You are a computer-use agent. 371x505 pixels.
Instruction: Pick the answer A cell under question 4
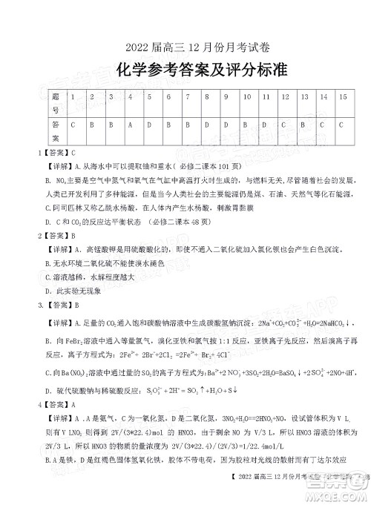tap(129, 125)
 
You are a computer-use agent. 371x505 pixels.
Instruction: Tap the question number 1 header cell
tap(72, 97)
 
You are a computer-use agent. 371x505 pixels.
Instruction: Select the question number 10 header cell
tap(246, 97)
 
